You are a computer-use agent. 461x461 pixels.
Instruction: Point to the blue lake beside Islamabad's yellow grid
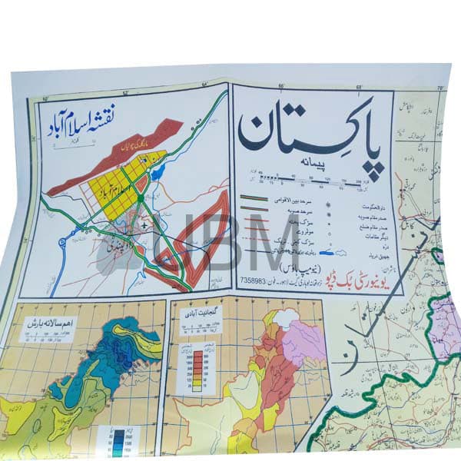pyautogui.click(x=158, y=174)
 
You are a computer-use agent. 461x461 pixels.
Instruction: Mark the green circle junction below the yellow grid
pyautogui.click(x=141, y=198)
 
